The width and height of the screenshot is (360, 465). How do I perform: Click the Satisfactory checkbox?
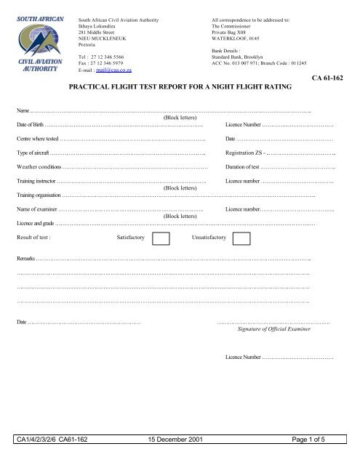pos(162,238)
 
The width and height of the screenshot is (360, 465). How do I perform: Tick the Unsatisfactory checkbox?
pos(242,238)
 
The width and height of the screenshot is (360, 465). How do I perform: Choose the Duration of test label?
pos(249,167)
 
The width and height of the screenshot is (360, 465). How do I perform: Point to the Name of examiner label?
pos(39,209)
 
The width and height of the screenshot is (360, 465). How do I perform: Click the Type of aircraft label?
pos(34,153)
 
